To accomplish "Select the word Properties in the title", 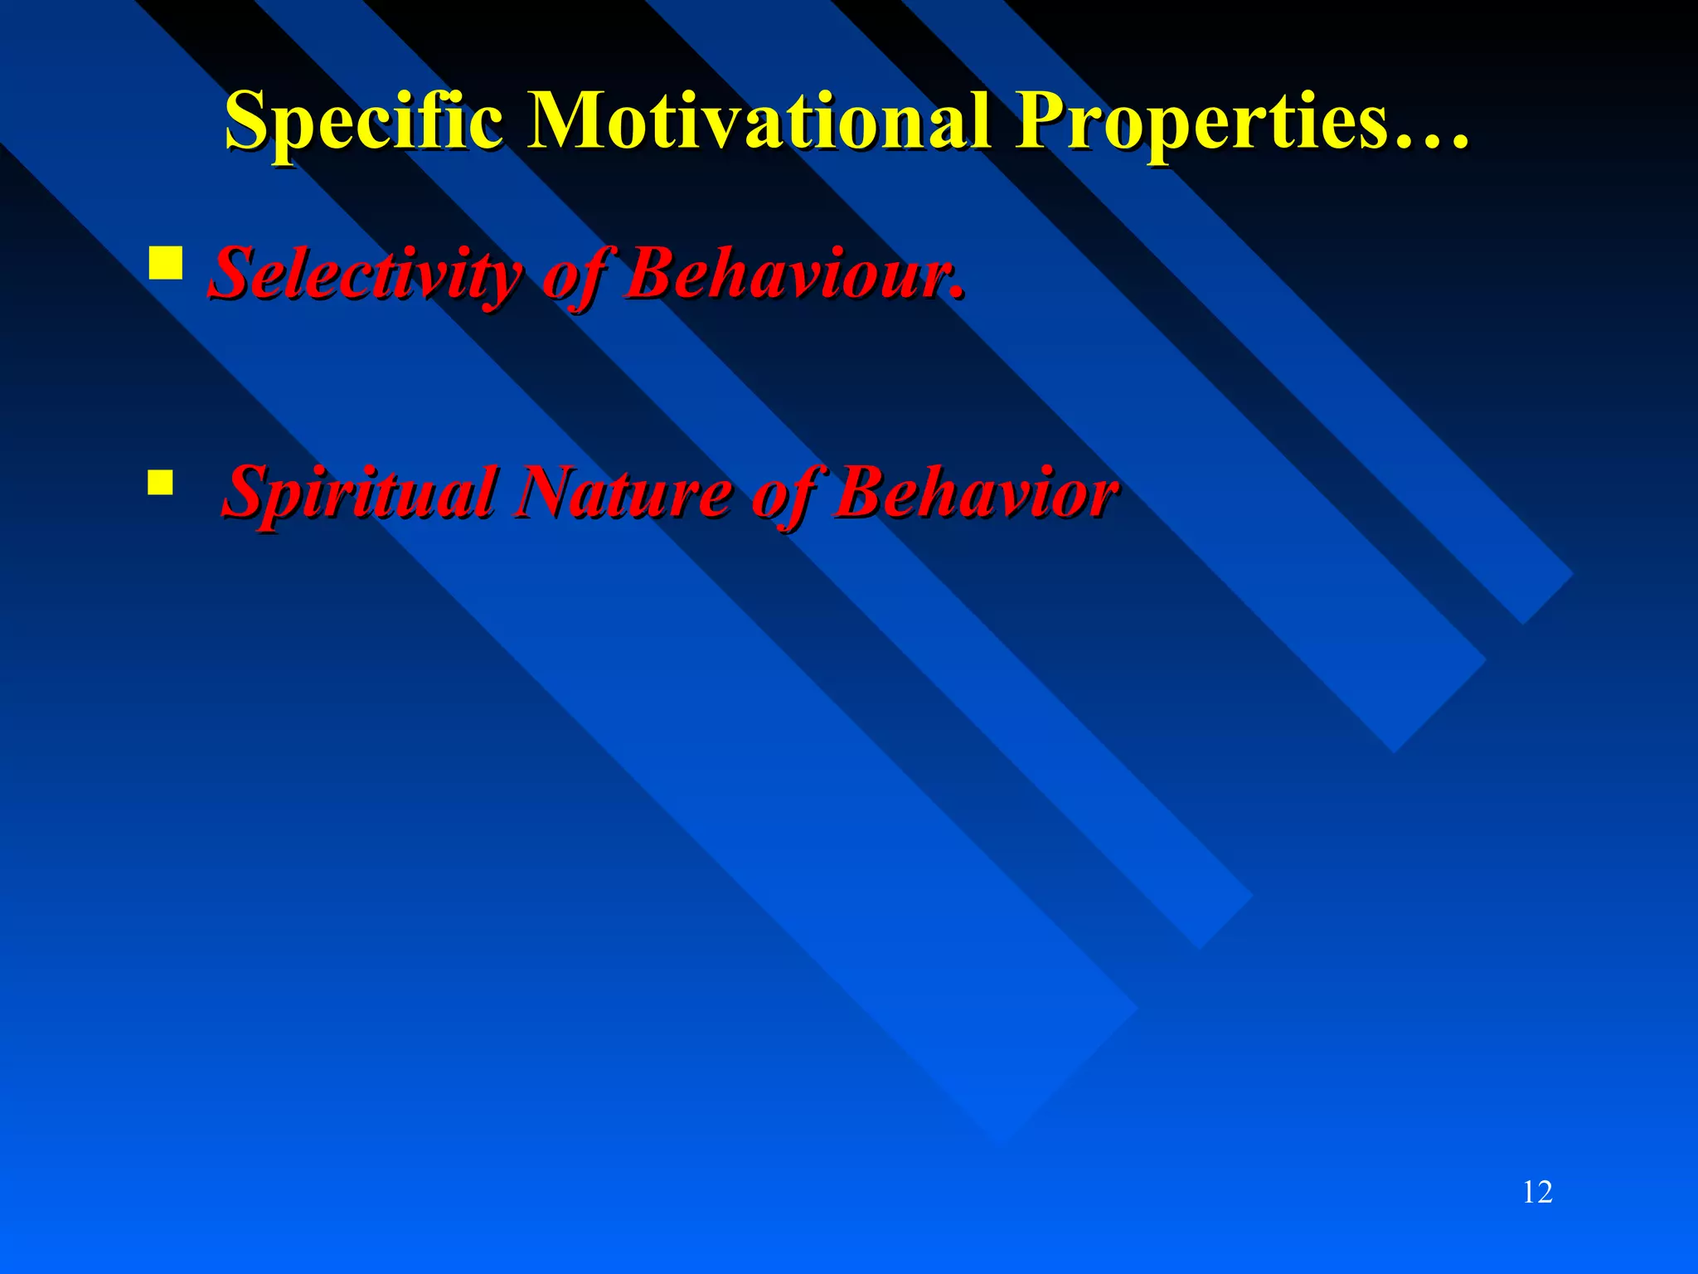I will (x=1202, y=123).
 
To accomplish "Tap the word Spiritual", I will (x=360, y=493).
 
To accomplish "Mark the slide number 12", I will (x=1537, y=1192).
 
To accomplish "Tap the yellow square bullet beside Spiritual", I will (x=160, y=482).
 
